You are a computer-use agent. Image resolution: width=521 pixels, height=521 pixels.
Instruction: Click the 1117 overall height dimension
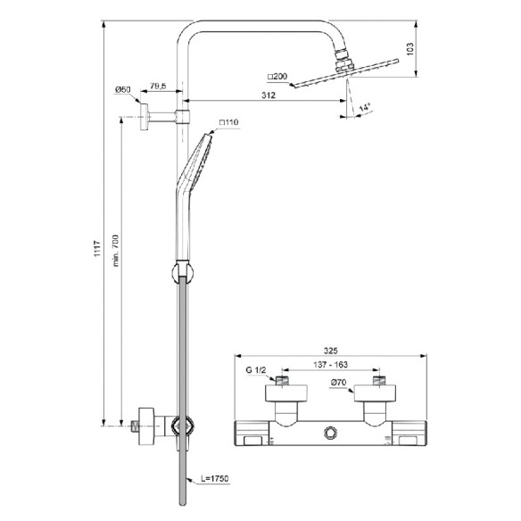coord(97,249)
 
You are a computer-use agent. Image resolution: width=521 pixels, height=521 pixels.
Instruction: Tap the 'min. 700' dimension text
coord(115,251)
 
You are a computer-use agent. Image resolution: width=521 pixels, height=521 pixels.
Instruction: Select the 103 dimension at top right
coord(410,49)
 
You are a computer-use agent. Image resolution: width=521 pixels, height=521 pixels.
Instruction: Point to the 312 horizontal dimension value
coord(269,95)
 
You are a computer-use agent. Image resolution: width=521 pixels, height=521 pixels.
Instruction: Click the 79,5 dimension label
coord(158,86)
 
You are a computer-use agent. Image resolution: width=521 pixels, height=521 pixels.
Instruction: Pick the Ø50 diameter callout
coord(122,90)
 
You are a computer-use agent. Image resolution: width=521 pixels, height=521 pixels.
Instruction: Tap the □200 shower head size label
coord(277,77)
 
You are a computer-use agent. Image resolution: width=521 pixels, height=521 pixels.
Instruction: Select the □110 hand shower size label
coord(228,122)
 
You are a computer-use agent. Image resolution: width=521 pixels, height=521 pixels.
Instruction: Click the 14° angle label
coord(365,108)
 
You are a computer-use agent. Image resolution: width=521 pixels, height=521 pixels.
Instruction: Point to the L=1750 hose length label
coord(215,478)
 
